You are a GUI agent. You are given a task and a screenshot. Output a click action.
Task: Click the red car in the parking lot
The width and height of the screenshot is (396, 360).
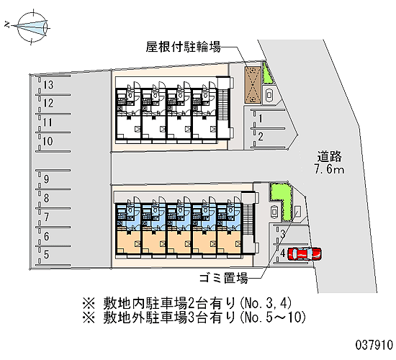tap(305, 253)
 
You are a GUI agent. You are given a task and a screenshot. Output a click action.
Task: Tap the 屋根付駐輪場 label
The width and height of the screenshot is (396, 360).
tap(184, 47)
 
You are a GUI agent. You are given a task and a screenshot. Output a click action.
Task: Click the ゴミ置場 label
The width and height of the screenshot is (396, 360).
tap(223, 278)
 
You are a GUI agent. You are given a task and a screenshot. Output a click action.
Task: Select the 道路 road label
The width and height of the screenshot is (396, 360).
tap(330, 156)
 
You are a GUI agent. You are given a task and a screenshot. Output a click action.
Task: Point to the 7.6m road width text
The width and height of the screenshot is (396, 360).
tap(329, 169)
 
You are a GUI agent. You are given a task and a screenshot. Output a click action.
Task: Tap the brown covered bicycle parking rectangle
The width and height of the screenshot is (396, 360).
tap(253, 85)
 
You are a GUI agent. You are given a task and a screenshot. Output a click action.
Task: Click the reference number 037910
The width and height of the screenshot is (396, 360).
tap(374, 345)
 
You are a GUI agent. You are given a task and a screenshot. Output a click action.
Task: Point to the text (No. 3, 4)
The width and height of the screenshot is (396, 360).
tap(265, 303)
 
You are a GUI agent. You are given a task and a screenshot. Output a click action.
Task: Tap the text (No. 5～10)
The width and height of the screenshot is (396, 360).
tap(272, 318)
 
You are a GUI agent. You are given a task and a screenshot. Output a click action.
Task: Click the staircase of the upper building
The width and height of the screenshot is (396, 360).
tap(222, 104)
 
